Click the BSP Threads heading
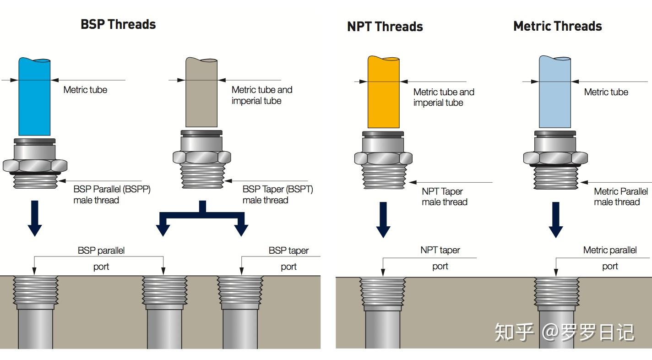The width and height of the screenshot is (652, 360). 118,24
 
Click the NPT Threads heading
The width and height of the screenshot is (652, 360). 385,27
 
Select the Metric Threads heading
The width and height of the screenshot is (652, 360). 557,26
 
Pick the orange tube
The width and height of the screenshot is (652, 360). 383,92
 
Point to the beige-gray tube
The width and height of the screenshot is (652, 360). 201,92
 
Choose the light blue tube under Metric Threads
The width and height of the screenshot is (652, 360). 554,92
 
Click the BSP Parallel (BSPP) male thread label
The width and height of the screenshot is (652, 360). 112,195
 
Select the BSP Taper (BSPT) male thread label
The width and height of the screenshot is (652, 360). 277,195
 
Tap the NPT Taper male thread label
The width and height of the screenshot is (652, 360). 444,196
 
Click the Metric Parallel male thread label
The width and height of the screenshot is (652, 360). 620,196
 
